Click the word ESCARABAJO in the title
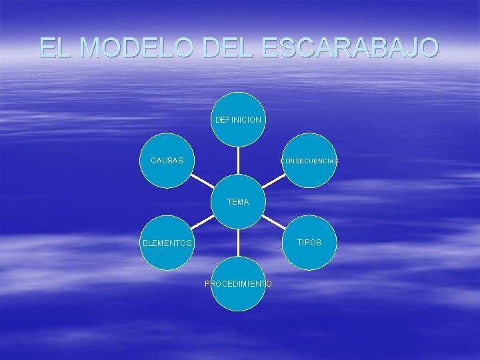click(x=351, y=47)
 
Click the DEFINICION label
click(x=238, y=121)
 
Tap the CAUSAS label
click(x=167, y=161)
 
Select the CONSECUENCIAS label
click(x=309, y=161)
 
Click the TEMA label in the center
click(x=238, y=201)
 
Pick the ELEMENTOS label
click(x=167, y=243)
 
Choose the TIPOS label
click(x=309, y=243)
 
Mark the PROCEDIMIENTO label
click(x=238, y=284)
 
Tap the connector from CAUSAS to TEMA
click(x=203, y=181)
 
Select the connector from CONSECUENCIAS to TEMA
click(x=273, y=181)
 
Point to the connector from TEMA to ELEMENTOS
click(x=203, y=222)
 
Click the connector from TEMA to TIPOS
click(x=273, y=222)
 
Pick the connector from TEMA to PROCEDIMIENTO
click(x=239, y=243)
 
